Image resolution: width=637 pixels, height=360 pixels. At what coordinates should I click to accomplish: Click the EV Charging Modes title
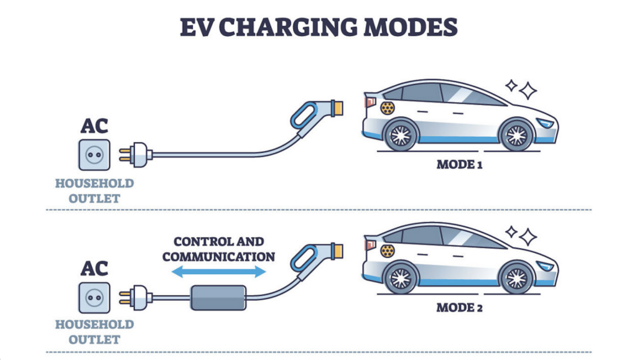coord(318,27)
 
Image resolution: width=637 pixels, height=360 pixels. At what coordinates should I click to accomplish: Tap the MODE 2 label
coord(460,307)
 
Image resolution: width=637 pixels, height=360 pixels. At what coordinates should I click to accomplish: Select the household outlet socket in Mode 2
coord(94,297)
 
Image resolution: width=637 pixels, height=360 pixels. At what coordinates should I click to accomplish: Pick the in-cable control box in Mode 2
coord(218,297)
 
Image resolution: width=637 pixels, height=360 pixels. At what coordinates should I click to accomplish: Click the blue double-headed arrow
coord(218,271)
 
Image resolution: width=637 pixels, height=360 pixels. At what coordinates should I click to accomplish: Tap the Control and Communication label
coord(218,249)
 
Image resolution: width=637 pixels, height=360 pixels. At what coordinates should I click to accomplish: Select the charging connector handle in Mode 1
coord(311,115)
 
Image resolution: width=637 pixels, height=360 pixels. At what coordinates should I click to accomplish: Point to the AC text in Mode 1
coord(94,126)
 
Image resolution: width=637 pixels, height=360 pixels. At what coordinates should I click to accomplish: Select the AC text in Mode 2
coord(94,268)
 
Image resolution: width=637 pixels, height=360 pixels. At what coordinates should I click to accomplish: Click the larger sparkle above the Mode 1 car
coord(528,91)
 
